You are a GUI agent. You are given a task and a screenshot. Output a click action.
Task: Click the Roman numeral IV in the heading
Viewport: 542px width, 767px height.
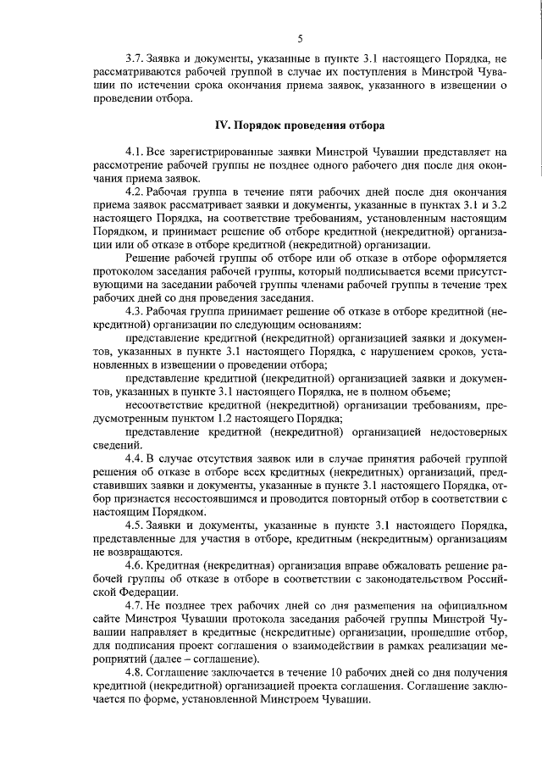click(223, 125)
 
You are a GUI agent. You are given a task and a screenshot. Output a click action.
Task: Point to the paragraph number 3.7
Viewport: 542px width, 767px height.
click(133, 58)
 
